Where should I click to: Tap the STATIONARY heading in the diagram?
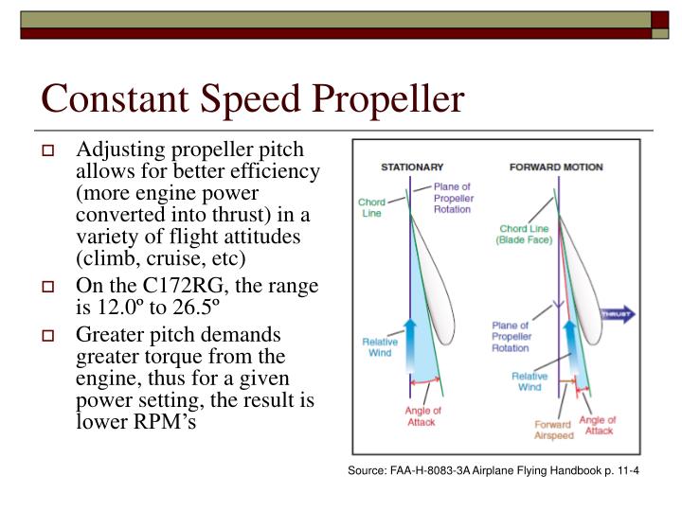coord(412,167)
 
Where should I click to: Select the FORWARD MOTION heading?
coord(556,167)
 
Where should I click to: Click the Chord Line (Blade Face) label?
coord(526,235)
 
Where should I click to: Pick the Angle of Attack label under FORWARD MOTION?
coord(598,425)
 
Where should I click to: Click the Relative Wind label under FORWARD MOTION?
coord(529,381)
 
